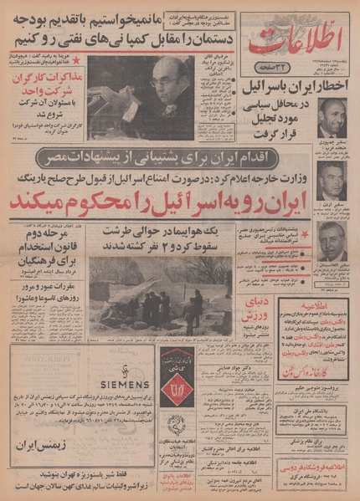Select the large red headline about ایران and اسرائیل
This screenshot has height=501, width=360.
180,207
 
